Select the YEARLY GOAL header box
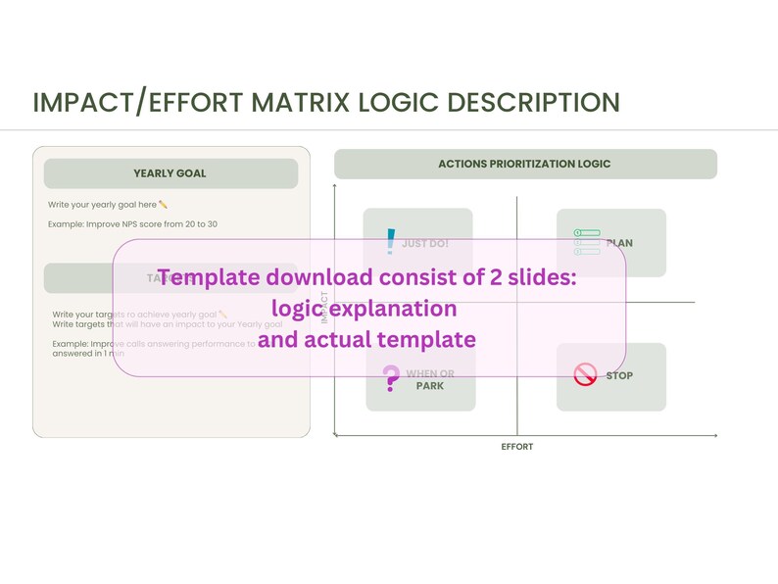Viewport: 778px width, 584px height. (170, 173)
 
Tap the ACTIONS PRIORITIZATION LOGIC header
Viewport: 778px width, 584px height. (525, 164)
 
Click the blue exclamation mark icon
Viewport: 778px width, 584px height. (391, 241)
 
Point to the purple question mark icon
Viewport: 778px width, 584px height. (390, 377)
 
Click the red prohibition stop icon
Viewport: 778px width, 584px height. (585, 374)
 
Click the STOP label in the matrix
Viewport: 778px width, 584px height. (619, 375)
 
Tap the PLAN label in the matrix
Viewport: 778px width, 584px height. (619, 243)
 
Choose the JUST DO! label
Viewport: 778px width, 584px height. (425, 243)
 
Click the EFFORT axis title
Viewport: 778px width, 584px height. (516, 446)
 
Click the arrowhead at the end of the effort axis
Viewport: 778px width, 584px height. (715, 434)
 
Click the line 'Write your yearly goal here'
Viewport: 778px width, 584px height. (108, 205)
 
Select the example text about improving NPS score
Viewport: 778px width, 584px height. (132, 224)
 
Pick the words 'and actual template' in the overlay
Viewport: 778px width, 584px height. (366, 339)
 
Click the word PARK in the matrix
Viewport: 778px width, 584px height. (430, 386)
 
